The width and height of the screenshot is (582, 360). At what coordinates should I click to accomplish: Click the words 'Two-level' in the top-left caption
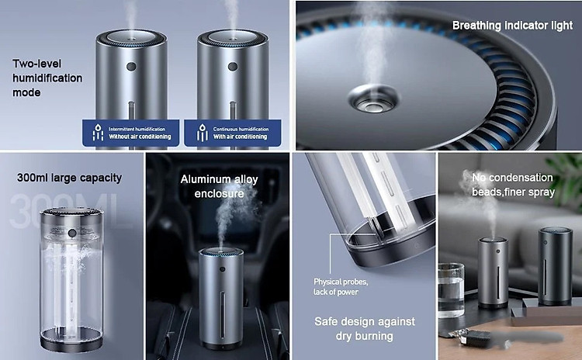tap(36, 64)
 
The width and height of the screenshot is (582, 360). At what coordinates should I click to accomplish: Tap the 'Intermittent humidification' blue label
tap(130, 133)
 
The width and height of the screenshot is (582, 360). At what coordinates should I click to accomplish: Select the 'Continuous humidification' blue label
tap(233, 133)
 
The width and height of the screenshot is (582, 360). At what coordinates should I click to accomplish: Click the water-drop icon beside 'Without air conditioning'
tap(98, 133)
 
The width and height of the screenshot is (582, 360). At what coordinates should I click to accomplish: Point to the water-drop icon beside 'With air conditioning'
tap(202, 133)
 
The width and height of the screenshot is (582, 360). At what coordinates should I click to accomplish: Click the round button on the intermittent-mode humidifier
tap(131, 67)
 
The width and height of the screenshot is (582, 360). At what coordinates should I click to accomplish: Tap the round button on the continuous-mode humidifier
tap(233, 67)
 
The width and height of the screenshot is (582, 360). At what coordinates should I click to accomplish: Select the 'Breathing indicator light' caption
tap(512, 26)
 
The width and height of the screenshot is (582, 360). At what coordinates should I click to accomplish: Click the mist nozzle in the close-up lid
tap(372, 99)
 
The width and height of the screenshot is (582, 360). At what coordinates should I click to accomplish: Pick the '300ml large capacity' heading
tap(69, 178)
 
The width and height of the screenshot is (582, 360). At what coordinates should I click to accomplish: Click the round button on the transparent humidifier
tap(72, 234)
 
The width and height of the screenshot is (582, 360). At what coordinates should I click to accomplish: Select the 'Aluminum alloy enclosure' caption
tap(219, 186)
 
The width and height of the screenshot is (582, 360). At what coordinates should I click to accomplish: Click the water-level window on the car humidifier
tap(222, 315)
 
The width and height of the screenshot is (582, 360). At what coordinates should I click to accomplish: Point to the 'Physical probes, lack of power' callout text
tap(341, 287)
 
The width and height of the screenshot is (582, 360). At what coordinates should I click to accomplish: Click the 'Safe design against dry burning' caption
tap(365, 329)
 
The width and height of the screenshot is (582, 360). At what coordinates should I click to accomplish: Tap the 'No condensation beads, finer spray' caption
tap(513, 185)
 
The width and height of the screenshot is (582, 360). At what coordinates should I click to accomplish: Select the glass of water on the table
tap(451, 290)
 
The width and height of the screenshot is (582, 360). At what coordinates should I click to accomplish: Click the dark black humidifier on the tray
tap(556, 266)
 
